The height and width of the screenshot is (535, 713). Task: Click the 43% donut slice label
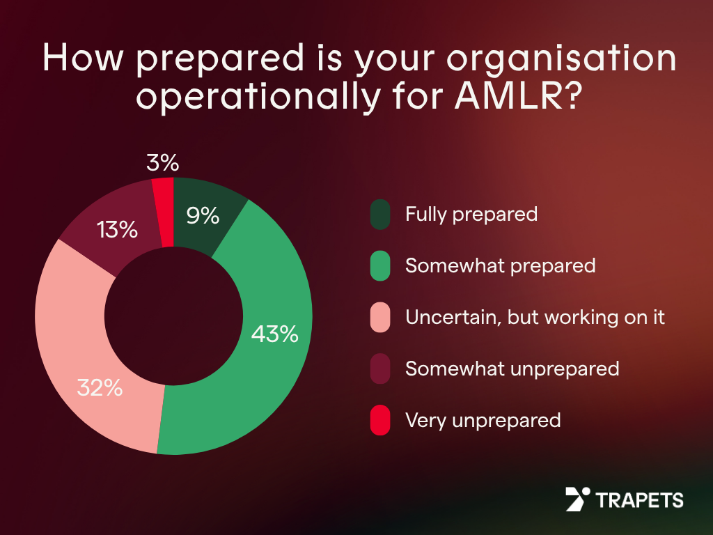[x=274, y=334]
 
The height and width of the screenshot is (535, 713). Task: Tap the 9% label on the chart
[x=203, y=216]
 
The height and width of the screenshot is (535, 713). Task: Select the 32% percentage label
[x=100, y=388]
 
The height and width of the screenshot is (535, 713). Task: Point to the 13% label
[x=117, y=229]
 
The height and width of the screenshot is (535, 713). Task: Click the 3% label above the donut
[x=163, y=163]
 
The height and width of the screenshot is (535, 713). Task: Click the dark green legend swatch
[x=380, y=214]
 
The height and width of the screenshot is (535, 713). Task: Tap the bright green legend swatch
[x=380, y=266]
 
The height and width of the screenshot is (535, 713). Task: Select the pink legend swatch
[x=380, y=318]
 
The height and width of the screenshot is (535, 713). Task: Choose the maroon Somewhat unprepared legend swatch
[x=380, y=369]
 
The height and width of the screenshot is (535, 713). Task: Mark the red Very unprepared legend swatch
[x=380, y=421]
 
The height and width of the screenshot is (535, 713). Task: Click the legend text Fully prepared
[x=471, y=214]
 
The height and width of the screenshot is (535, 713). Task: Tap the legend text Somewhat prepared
[x=500, y=265]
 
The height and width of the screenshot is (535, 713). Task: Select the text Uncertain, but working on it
[x=535, y=318]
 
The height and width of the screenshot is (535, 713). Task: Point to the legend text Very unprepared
[x=483, y=420]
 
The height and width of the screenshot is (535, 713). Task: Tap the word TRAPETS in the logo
[x=639, y=500]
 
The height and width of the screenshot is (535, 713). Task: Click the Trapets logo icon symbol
[x=577, y=499]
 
